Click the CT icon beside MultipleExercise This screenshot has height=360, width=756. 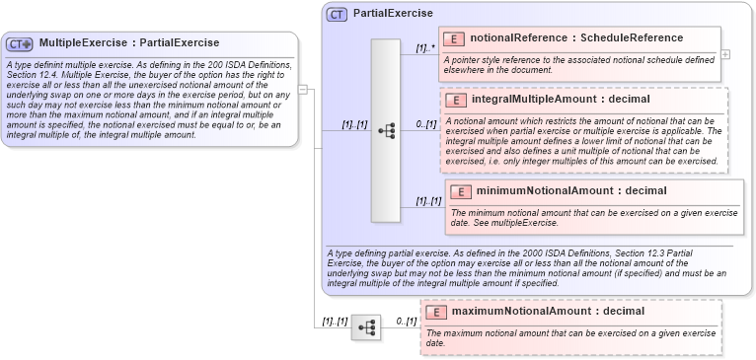click(x=20, y=43)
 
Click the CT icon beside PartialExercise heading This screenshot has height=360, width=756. click(x=337, y=14)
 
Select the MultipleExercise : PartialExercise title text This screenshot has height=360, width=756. click(x=128, y=43)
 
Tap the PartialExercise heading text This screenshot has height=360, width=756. click(x=393, y=14)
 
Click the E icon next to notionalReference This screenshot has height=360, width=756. click(x=453, y=38)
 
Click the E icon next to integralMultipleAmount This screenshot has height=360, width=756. click(x=456, y=101)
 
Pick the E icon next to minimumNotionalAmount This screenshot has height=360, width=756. click(x=461, y=191)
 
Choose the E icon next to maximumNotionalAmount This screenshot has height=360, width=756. click(x=435, y=312)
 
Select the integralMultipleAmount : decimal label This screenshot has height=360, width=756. click(x=562, y=101)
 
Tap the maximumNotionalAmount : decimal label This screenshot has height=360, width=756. click(x=548, y=312)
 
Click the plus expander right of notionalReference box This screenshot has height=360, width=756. click(x=725, y=54)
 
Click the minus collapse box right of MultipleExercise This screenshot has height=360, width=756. click(x=303, y=89)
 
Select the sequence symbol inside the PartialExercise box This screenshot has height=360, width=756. click(x=386, y=129)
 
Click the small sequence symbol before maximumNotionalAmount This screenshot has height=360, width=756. click(x=366, y=327)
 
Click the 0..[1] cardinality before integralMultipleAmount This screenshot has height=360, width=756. click(x=425, y=124)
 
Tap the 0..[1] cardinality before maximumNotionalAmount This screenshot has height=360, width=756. click(x=406, y=322)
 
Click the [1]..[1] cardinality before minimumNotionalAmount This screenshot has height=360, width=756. click(x=428, y=201)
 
